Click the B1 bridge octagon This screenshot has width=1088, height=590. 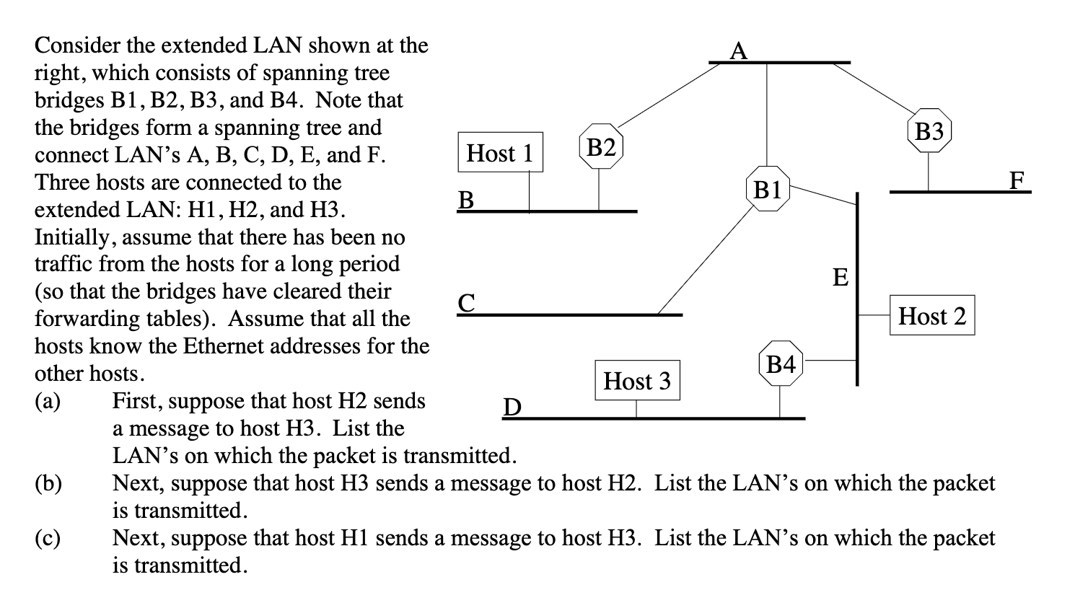pyautogui.click(x=767, y=190)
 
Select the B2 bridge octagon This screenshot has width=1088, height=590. pyautogui.click(x=600, y=148)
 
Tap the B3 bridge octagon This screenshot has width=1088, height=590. pyautogui.click(x=929, y=131)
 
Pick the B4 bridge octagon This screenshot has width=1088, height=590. pyautogui.click(x=780, y=364)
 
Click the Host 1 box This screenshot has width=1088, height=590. pyautogui.click(x=500, y=152)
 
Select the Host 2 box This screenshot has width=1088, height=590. pyautogui.click(x=931, y=315)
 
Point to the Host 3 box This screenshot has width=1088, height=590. pyautogui.click(x=636, y=380)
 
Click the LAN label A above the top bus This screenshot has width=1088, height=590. pyautogui.click(x=738, y=50)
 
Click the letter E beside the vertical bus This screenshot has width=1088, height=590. pyautogui.click(x=840, y=277)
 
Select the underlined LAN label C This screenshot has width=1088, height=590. pyautogui.click(x=467, y=302)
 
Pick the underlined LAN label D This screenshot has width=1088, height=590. pyautogui.click(x=511, y=408)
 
